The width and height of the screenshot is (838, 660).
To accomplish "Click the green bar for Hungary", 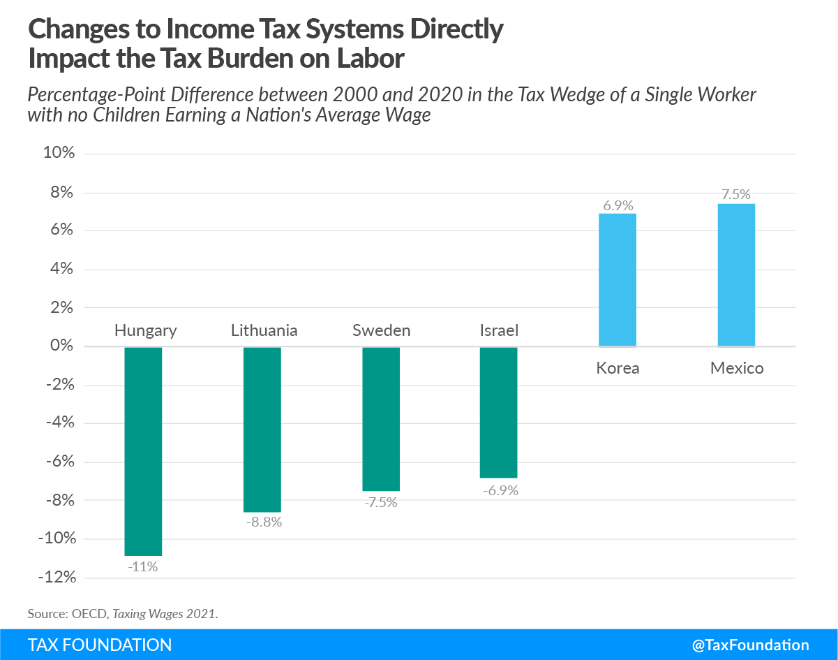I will point(143,451).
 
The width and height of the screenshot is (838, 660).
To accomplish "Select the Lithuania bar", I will point(262,430).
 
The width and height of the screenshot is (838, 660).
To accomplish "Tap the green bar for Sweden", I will point(381,419).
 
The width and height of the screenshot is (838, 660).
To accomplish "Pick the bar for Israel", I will point(499,412).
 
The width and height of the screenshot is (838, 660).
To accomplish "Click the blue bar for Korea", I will point(618,280).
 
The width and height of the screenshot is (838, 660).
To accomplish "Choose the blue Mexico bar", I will point(736,274).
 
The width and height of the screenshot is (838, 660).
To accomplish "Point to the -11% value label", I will point(143,566).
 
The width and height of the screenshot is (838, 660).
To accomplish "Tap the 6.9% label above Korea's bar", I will point(618,205).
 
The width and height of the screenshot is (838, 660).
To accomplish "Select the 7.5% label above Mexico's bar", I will point(736,195).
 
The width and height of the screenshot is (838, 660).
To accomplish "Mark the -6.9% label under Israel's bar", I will point(500,490).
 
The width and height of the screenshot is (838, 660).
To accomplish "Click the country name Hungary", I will point(146,330).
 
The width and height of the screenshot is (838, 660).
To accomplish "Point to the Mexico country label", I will point(737,368).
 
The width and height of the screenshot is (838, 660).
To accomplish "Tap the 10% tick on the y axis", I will point(59,154).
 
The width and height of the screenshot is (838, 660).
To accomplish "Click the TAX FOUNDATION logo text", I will point(100,645).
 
